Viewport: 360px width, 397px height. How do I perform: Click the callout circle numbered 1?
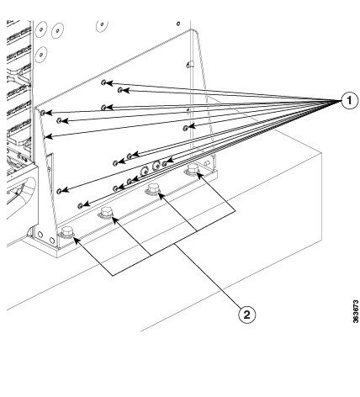(349, 100)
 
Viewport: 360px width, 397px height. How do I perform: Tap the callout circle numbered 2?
(246, 315)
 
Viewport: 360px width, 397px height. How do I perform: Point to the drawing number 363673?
(356, 311)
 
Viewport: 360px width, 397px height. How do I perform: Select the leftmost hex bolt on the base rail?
(66, 232)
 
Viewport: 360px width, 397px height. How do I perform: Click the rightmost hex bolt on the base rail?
(193, 169)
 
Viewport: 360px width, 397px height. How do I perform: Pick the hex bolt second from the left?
(106, 213)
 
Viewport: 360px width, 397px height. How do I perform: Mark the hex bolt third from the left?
(153, 188)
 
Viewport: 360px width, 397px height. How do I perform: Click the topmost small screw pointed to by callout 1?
(103, 82)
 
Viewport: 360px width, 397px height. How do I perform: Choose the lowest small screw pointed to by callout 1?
(80, 206)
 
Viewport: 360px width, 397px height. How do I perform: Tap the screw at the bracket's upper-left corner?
(43, 113)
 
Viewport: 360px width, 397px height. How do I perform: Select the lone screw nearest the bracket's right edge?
(185, 128)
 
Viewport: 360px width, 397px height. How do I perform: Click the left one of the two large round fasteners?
(145, 171)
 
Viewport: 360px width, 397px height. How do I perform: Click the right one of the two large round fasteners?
(156, 165)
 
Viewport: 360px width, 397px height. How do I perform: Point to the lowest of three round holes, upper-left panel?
(41, 53)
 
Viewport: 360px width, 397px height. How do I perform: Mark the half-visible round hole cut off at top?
(102, 24)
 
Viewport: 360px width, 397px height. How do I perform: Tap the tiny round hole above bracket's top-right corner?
(178, 24)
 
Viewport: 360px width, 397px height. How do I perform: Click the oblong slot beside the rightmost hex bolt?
(207, 162)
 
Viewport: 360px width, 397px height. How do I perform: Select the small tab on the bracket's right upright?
(189, 65)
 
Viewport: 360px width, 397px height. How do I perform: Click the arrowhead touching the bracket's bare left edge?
(48, 137)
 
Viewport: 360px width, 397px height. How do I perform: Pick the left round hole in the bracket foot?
(40, 235)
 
